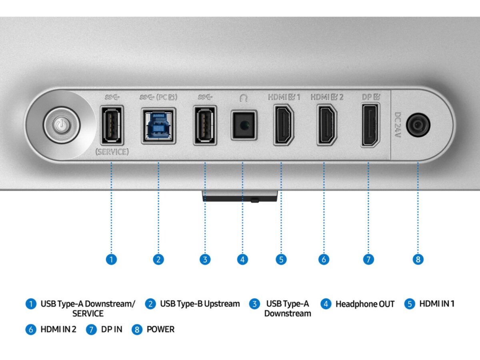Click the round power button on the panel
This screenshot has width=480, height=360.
click(x=62, y=126)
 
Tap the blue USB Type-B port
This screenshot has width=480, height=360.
click(x=158, y=126)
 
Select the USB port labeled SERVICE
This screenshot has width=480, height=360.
click(x=112, y=126)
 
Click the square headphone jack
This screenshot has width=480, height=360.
click(x=244, y=125)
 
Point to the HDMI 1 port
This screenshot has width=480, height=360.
click(x=284, y=125)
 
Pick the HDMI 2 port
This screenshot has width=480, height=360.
click(x=327, y=125)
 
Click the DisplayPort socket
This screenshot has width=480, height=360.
click(x=370, y=125)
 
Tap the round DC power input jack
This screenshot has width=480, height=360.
click(x=418, y=125)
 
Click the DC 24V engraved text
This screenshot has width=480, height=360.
click(x=398, y=125)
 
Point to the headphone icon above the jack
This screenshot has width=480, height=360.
click(x=244, y=98)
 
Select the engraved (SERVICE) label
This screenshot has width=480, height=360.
click(x=112, y=152)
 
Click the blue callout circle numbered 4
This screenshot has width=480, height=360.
click(x=242, y=260)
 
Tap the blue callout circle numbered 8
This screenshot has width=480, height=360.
click(x=418, y=260)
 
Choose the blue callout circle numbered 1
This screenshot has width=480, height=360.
click(x=111, y=260)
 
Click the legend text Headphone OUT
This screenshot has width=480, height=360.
click(x=365, y=304)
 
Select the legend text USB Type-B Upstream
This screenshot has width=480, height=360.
click(x=200, y=304)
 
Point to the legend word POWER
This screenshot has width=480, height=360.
click(x=160, y=329)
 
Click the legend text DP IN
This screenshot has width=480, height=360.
click(x=112, y=329)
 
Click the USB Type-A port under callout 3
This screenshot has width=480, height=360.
click(x=205, y=126)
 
